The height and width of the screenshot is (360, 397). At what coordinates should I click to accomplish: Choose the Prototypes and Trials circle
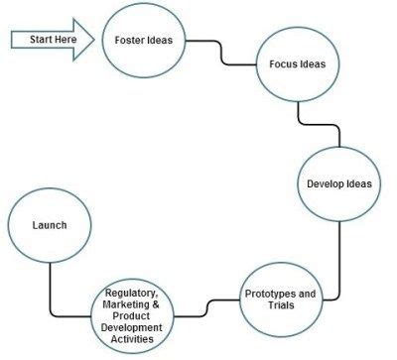pyautogui.click(x=280, y=299)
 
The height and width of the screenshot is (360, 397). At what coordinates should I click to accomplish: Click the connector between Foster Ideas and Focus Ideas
pyautogui.click(x=220, y=55)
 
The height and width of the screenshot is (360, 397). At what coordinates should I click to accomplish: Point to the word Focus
pyautogui.click(x=285, y=64)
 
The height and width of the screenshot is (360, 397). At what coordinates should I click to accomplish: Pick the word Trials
pyautogui.click(x=281, y=305)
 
